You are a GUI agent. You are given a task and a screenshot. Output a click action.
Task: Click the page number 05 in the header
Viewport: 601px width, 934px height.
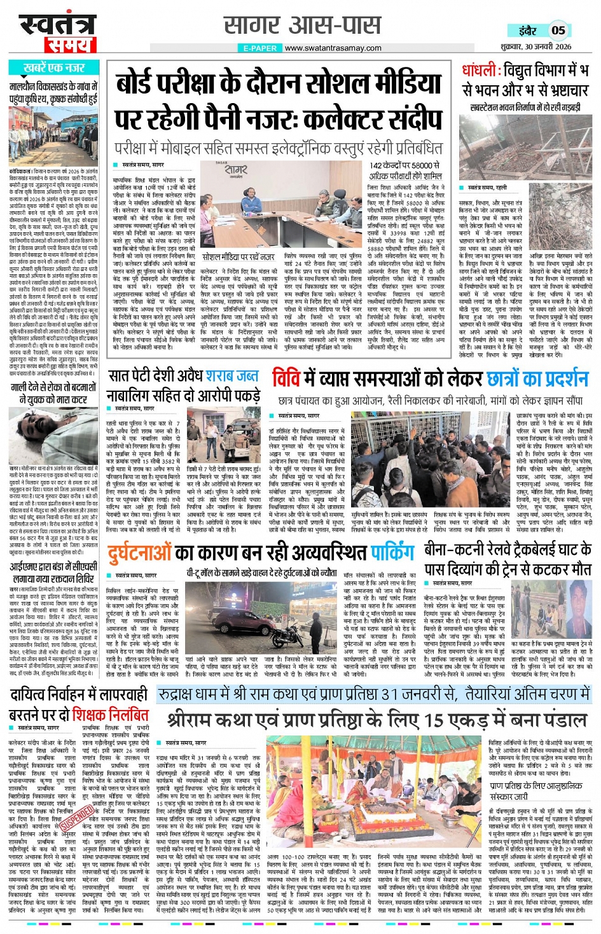point(558,29)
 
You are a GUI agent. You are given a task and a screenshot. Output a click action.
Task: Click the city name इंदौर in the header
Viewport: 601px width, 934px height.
point(527,30)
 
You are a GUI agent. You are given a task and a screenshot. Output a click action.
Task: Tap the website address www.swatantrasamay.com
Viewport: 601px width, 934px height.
point(333,48)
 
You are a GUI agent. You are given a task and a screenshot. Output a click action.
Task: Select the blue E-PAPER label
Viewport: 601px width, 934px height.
point(259,48)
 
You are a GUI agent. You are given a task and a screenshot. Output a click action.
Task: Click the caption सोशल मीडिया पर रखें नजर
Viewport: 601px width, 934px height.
point(238,257)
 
